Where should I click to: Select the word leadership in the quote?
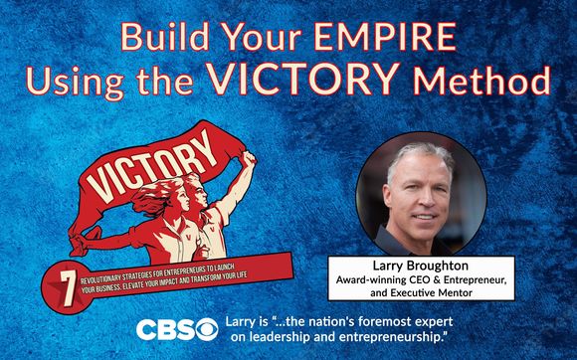pyautogui.click(x=315, y=340)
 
